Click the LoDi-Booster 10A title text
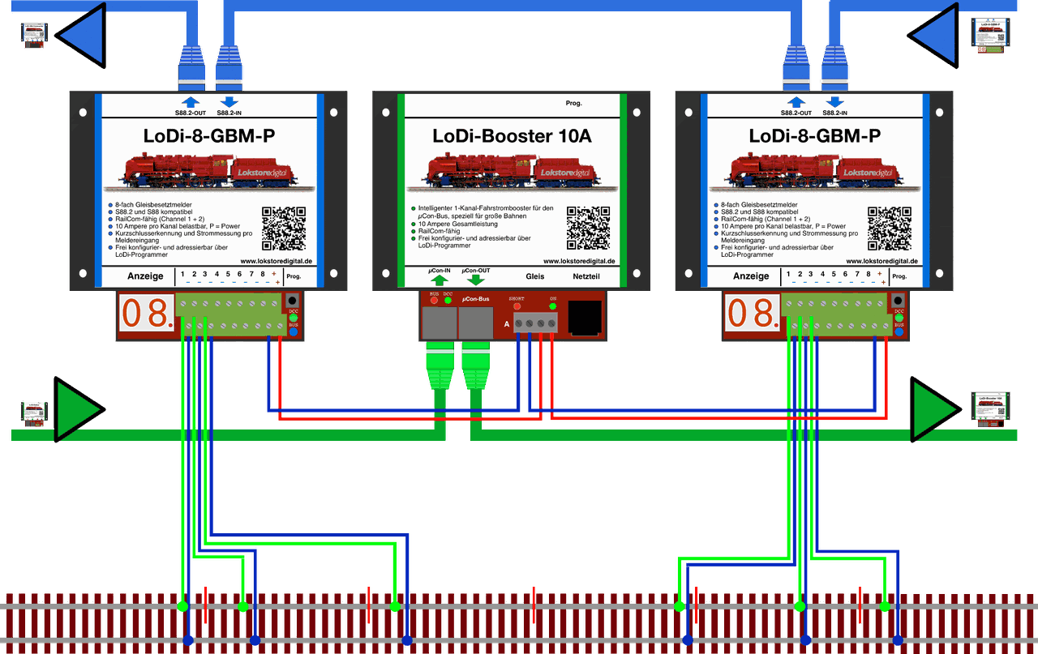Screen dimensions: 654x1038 tap(511, 136)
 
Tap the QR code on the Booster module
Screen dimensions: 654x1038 tap(588, 228)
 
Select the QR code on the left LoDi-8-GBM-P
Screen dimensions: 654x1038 tap(284, 228)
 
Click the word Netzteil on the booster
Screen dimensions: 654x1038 tap(586, 276)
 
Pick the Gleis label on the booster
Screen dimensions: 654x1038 tap(535, 276)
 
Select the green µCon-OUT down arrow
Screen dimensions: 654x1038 tap(475, 280)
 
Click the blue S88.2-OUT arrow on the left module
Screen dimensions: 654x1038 tap(191, 102)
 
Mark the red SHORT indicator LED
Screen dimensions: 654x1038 tap(517, 306)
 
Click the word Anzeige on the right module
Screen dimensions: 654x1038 tap(751, 276)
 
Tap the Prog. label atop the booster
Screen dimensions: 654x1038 tap(574, 104)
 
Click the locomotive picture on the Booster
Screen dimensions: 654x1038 tap(511, 174)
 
